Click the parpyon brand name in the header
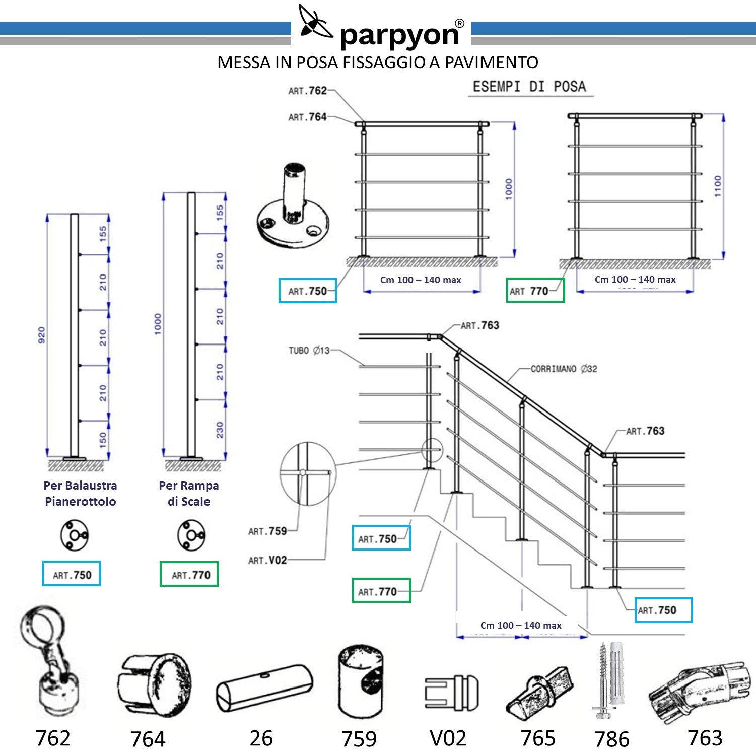(x=399, y=35)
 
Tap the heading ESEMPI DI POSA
(x=529, y=86)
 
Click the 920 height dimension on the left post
(x=41, y=335)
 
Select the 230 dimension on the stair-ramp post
(x=220, y=430)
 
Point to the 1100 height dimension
(x=718, y=186)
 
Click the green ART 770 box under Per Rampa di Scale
(x=189, y=574)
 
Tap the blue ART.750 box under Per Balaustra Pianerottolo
(x=72, y=574)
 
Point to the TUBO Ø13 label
(x=309, y=350)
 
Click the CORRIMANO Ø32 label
(x=564, y=369)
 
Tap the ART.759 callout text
(x=267, y=531)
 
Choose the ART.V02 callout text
(x=267, y=560)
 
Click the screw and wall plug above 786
(x=610, y=680)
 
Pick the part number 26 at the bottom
(x=261, y=738)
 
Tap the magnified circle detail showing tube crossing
(x=307, y=473)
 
